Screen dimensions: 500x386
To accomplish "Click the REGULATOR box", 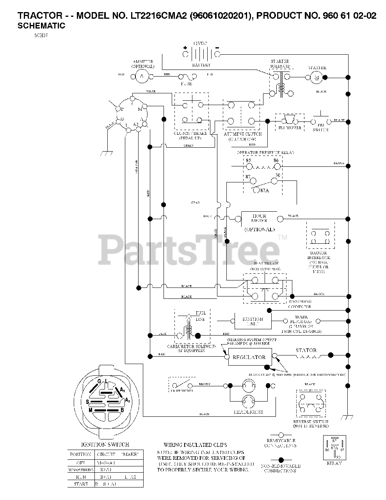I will tap(249, 357).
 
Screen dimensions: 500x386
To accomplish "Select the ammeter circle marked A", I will tap(142, 76).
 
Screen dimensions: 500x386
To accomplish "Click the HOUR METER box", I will tap(259, 218).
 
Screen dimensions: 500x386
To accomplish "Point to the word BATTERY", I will tap(201, 65).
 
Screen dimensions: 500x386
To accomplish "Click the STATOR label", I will tap(306, 350).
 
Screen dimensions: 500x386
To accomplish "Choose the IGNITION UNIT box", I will tap(253, 321).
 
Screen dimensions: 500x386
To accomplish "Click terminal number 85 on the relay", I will tap(249, 160).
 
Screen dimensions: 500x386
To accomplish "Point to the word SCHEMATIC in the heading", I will tap(41, 26).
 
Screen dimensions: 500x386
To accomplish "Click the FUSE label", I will tap(186, 84).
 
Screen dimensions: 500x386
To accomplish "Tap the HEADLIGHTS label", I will tap(248, 412).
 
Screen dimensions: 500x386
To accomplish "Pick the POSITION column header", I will tap(80, 455).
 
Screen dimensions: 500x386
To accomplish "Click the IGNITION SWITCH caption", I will tap(105, 444).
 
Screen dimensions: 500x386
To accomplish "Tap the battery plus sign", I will tap(185, 48).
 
